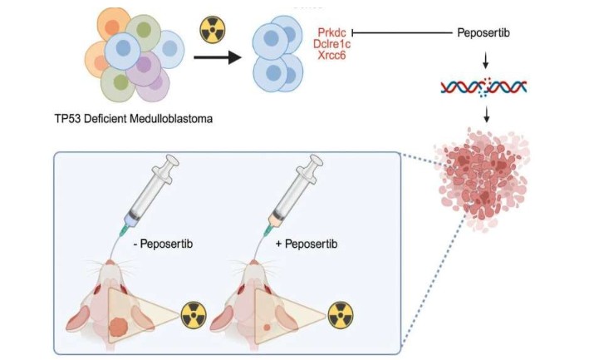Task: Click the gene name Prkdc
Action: click(x=331, y=32)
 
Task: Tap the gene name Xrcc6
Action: click(x=332, y=56)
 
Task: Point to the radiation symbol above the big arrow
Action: click(x=213, y=28)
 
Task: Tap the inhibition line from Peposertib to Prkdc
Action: click(x=399, y=33)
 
